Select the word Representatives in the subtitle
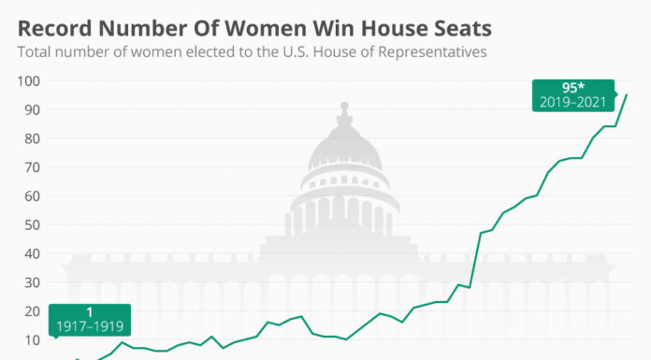click(432, 52)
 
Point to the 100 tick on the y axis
click(29, 80)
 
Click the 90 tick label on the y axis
click(32, 109)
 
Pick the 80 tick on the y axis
click(32, 138)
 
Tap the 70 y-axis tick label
click(32, 167)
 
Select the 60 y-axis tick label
click(32, 196)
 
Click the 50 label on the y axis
click(32, 224)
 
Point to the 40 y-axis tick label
click(32, 253)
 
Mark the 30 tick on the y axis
click(32, 282)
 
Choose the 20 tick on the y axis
click(32, 311)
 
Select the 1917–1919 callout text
click(90, 327)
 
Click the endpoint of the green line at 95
click(627, 94)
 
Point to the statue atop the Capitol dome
click(344, 107)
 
